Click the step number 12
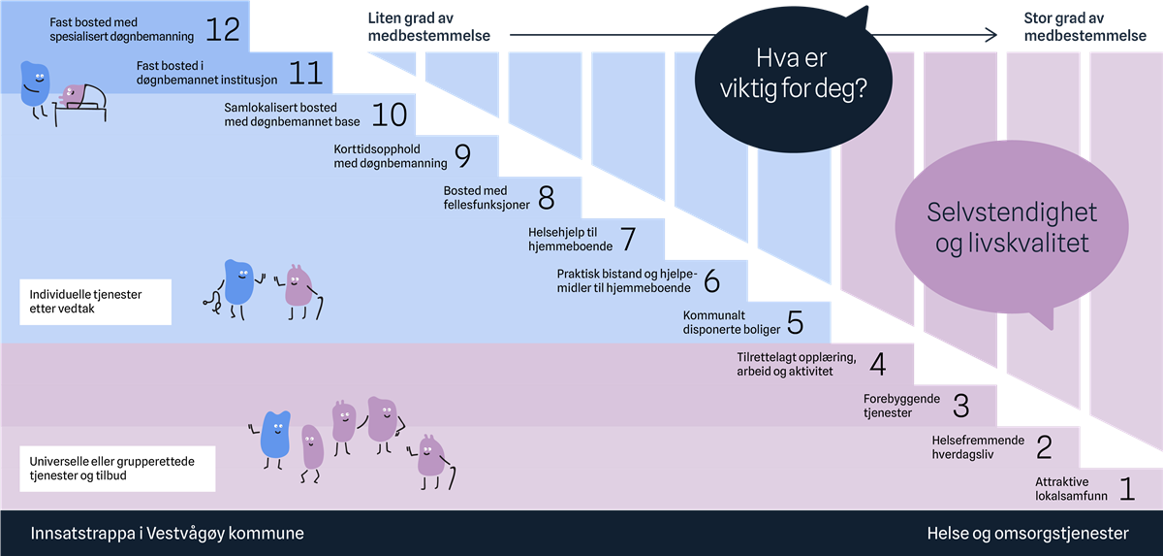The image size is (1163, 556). (222, 28)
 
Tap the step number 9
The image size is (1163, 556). (461, 155)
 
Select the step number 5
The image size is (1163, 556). (795, 322)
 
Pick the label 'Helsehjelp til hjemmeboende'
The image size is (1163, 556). (570, 239)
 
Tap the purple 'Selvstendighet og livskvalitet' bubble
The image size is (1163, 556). (1011, 228)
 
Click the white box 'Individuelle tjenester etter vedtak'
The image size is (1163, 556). (94, 302)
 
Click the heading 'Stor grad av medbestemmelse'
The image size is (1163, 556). (1079, 27)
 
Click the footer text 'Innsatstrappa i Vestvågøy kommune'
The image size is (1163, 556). (168, 534)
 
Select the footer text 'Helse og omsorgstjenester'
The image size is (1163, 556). (1027, 534)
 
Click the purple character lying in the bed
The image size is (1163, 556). (72, 94)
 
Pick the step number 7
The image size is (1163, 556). (627, 238)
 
